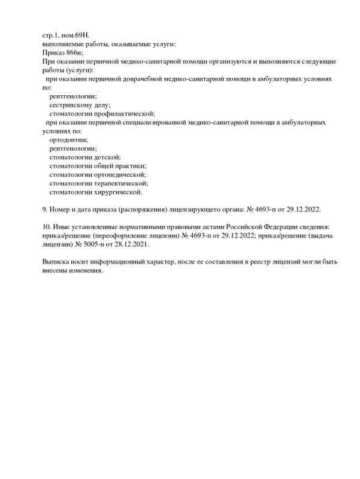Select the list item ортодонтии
click(69, 140)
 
